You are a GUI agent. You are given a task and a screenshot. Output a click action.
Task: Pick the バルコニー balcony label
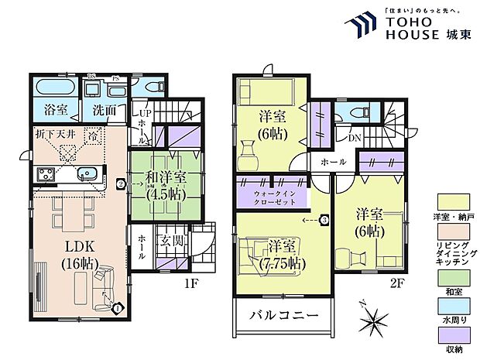click(x=283, y=316)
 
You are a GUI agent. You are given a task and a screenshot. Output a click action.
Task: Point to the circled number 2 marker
click(x=121, y=184)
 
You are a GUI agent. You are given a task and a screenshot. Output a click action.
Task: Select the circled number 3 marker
click(x=324, y=220)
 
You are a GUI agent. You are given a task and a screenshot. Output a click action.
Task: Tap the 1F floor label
click(x=191, y=283)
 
